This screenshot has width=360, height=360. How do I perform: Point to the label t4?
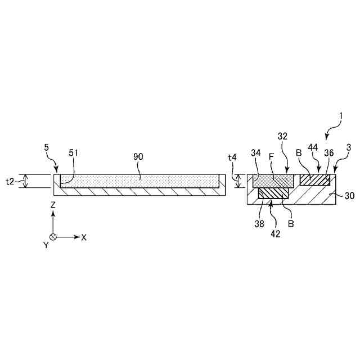point(232,159)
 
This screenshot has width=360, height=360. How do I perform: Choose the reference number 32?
point(282,136)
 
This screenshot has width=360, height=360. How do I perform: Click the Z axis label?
point(52,206)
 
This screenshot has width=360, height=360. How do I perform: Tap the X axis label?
point(84,237)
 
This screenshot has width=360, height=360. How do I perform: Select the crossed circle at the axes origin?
point(52,237)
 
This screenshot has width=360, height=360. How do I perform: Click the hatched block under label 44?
point(314,179)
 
